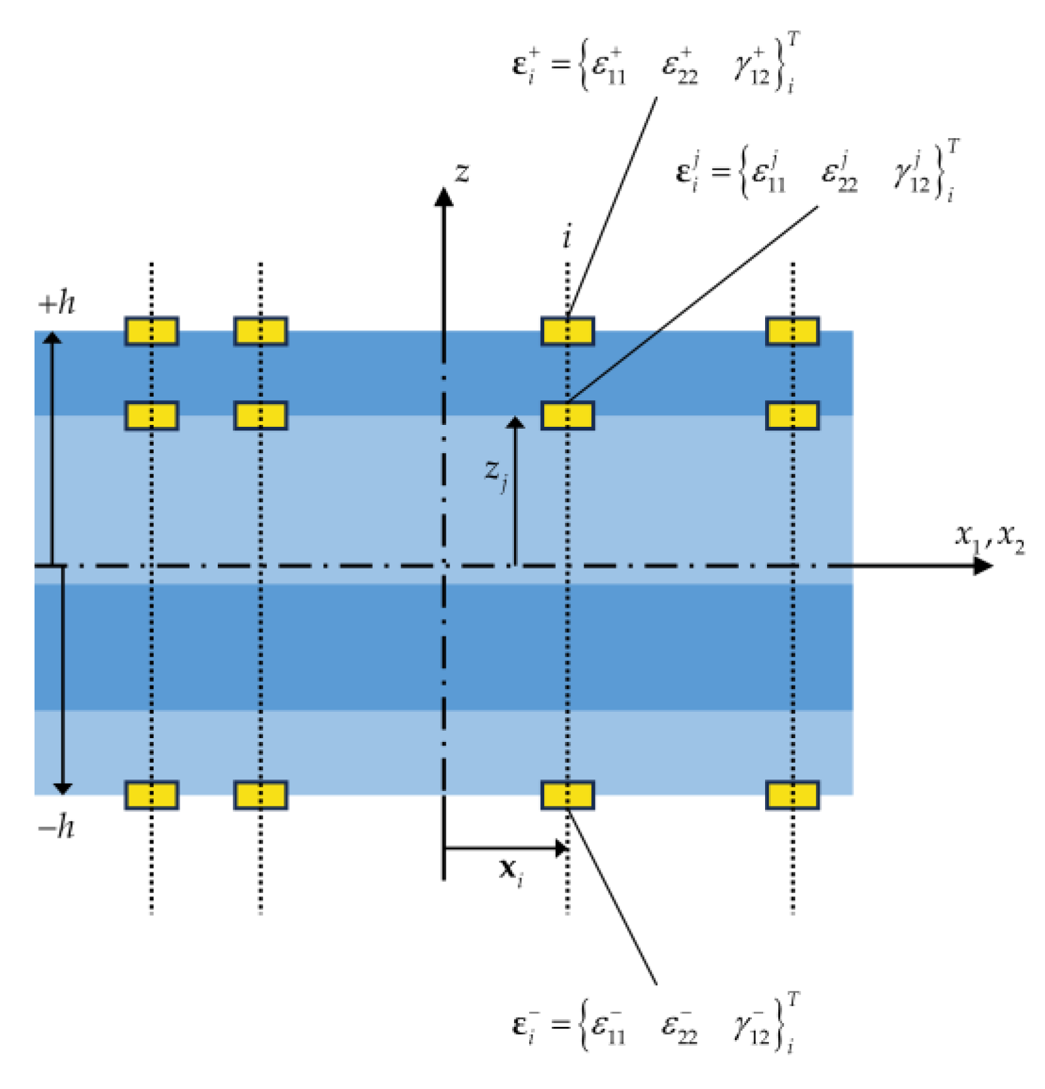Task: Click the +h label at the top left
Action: (x=56, y=304)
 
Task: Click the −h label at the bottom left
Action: (x=56, y=828)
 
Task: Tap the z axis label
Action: (x=462, y=172)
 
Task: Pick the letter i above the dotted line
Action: (x=567, y=238)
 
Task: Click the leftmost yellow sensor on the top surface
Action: (x=151, y=331)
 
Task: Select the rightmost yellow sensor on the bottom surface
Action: (x=792, y=795)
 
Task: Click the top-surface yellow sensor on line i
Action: (x=567, y=331)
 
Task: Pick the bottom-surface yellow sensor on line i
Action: (x=567, y=795)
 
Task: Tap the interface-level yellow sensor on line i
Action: (x=567, y=416)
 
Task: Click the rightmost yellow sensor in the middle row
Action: (x=792, y=416)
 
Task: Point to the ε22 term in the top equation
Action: (x=680, y=67)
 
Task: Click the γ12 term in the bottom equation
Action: (x=752, y=1027)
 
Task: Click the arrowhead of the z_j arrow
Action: (x=515, y=422)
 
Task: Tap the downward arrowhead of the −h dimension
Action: (x=62, y=788)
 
